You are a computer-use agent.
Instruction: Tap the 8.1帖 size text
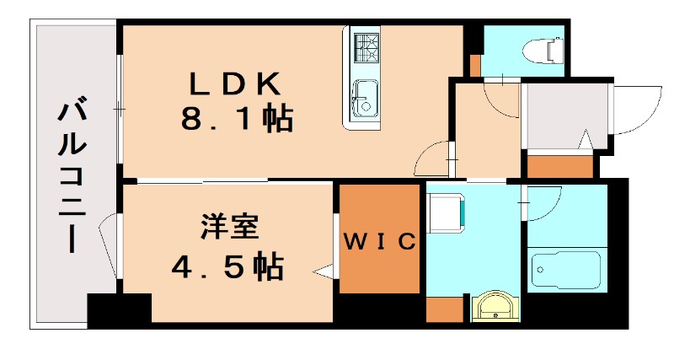(235, 119)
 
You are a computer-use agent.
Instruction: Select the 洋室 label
(229, 228)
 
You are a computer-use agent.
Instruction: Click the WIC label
(379, 243)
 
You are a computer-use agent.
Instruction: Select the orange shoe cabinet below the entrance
(560, 165)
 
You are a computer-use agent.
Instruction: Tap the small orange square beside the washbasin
(445, 309)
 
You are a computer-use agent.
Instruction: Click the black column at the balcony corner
(119, 310)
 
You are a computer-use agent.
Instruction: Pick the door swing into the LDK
(433, 158)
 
